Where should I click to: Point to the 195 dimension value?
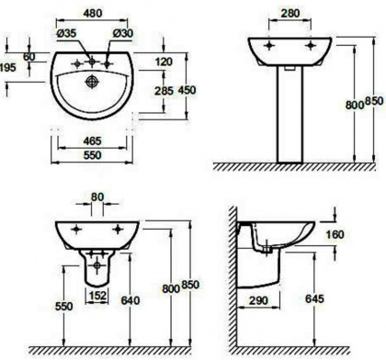(7, 67)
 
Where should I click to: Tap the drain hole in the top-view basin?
(92, 82)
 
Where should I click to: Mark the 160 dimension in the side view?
(335, 235)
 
